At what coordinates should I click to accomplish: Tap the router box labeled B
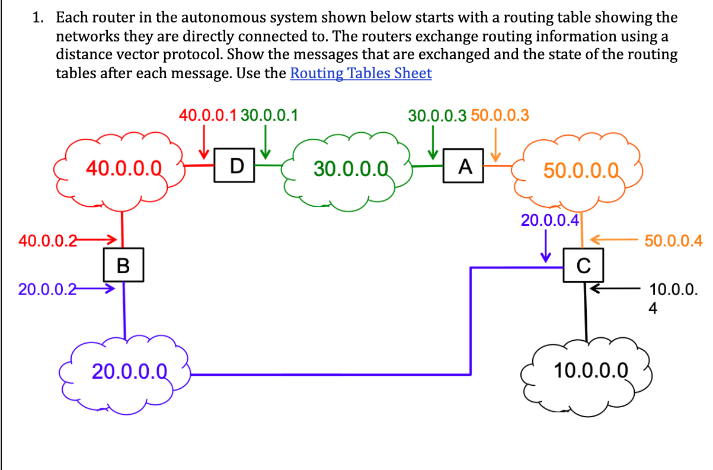point(123,265)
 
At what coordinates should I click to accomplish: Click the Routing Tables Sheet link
point(360,73)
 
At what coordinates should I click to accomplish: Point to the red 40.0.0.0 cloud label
point(124,168)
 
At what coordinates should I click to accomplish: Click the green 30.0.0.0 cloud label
point(351,168)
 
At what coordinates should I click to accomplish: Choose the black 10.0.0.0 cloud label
point(590,371)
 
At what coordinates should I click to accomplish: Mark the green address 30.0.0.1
point(270,114)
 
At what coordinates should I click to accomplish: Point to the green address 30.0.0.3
point(437,114)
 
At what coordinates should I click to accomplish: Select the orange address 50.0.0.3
point(500,114)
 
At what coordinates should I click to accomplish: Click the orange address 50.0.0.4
point(673,241)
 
